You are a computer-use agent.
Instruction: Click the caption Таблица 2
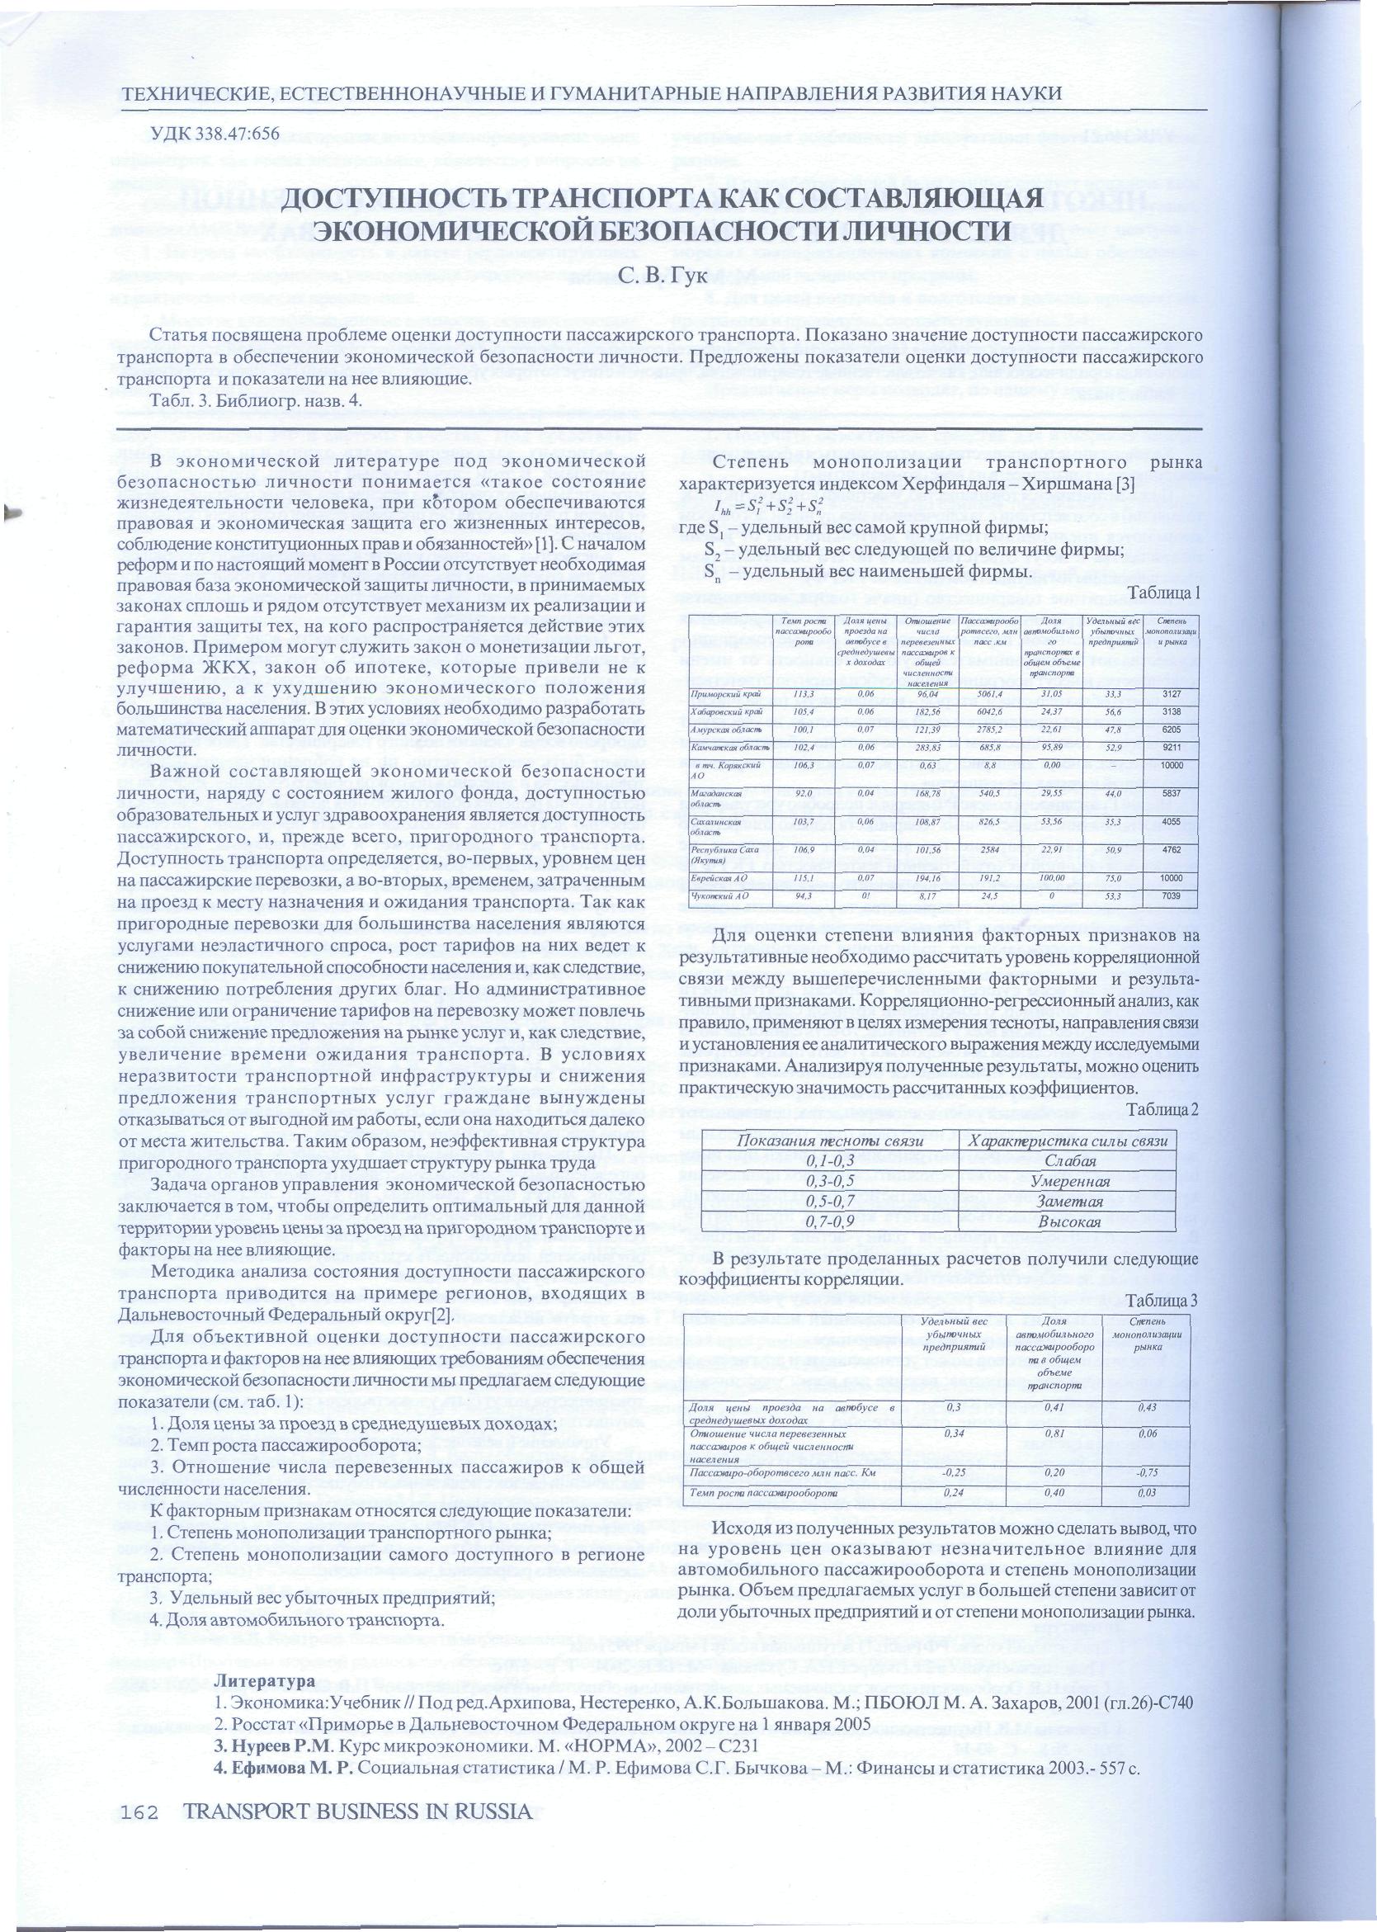(x=1162, y=1109)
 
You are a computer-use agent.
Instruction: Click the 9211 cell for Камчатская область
(x=1171, y=747)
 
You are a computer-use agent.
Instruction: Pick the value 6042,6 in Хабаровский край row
(x=988, y=711)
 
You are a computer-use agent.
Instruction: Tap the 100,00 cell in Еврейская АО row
(x=1050, y=878)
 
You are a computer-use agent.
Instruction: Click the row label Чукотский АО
(x=718, y=895)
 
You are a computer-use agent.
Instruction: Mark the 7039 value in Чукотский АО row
(x=1171, y=895)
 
